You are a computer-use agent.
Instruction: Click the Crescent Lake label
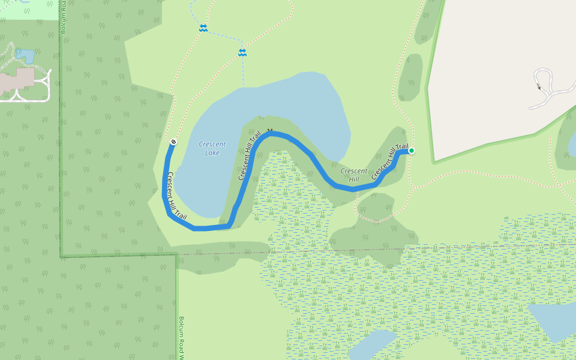212,148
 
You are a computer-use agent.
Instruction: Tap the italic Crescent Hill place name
354,175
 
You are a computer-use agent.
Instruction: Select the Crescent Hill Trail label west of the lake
177,194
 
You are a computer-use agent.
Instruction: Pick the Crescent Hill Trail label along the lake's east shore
250,156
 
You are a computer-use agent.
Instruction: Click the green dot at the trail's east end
412,151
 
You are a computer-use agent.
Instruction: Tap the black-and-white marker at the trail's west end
173,142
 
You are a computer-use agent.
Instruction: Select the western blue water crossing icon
203,28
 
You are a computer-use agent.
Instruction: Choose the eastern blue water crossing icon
242,53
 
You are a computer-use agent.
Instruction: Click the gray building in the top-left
17,80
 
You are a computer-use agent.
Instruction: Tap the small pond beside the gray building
25,56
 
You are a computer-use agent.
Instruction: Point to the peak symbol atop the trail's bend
270,130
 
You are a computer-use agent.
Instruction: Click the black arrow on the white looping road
539,88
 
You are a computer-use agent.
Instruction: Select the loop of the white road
544,77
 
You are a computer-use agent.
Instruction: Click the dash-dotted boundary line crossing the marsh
420,247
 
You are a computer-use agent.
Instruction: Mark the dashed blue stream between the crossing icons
223,40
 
